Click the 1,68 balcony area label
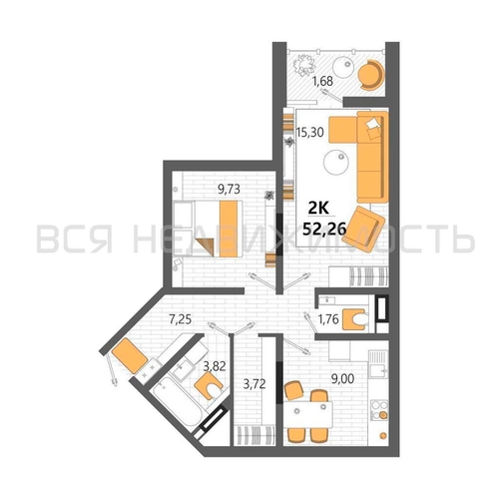323,81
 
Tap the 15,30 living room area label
309,132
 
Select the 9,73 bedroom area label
229,190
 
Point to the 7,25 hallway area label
181,319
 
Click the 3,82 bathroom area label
215,366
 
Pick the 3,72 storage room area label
254,384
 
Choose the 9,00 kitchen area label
342,378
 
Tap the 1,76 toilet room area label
328,319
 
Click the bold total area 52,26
324,229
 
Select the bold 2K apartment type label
318,209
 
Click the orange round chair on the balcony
370,75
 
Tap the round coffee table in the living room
336,163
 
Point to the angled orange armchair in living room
364,230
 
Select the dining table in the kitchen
308,415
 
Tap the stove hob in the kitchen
379,410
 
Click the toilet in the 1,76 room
355,319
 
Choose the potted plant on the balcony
304,65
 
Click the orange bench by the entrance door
130,355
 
